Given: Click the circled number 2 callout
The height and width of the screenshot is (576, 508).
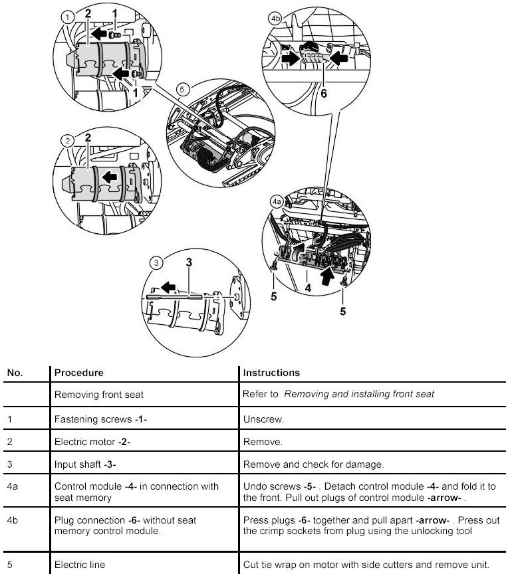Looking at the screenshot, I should click(x=66, y=141).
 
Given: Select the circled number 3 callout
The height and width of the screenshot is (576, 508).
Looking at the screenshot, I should click(x=156, y=263).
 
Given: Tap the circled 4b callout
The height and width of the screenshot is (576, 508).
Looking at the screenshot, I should click(x=275, y=19).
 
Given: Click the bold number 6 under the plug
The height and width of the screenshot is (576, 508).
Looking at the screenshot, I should click(x=324, y=94).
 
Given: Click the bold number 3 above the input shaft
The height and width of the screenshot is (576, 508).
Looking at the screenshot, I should click(x=189, y=262).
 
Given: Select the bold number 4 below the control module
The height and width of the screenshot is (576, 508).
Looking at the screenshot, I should click(x=308, y=288).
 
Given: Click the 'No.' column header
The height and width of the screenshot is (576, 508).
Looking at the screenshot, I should click(x=15, y=373).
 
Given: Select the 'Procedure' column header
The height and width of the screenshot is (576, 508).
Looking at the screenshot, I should click(x=78, y=373).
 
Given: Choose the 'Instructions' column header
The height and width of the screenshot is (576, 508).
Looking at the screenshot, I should click(x=271, y=373).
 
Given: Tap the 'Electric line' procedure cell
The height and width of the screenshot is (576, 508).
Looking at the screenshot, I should click(x=80, y=565).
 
